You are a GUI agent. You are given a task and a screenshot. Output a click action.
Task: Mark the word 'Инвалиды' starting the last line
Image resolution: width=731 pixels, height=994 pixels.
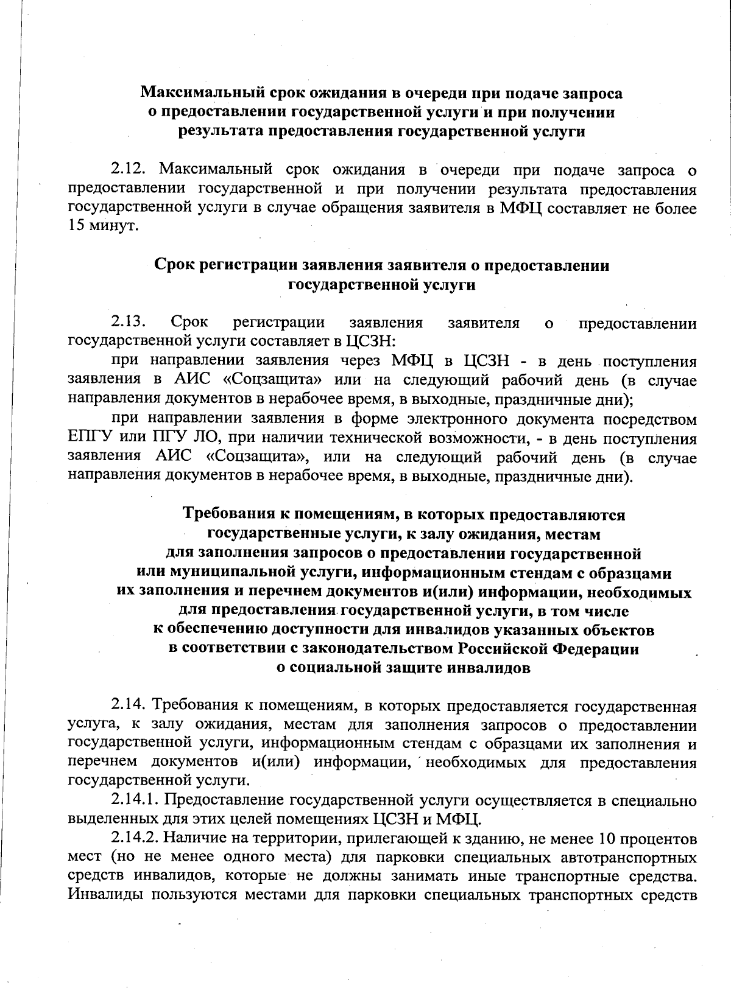103,895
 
